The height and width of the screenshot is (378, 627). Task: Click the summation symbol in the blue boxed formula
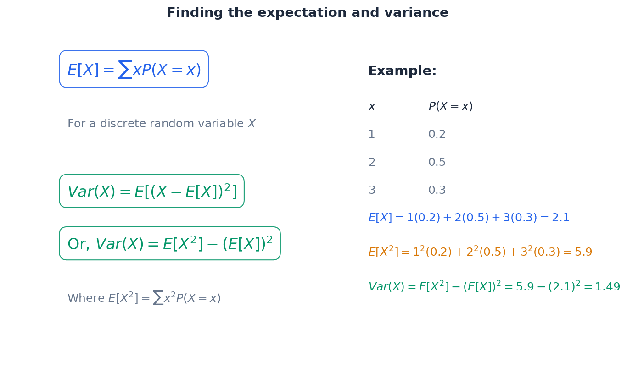coord(125,70)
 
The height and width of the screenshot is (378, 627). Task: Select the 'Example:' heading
coord(402,71)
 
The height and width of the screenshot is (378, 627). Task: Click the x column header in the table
coord(372,107)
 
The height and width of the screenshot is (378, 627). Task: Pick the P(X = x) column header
coord(450,107)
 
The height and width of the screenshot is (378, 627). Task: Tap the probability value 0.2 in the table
coord(437,135)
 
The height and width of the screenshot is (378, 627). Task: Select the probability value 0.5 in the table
coord(437,163)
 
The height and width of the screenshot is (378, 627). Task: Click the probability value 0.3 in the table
coord(437,191)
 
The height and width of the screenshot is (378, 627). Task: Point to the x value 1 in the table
coord(372,135)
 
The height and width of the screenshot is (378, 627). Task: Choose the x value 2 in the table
coord(372,163)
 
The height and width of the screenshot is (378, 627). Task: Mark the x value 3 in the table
coord(372,191)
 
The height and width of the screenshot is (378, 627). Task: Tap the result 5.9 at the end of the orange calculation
coord(583,252)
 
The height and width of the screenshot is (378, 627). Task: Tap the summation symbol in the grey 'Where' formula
coord(158,298)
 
